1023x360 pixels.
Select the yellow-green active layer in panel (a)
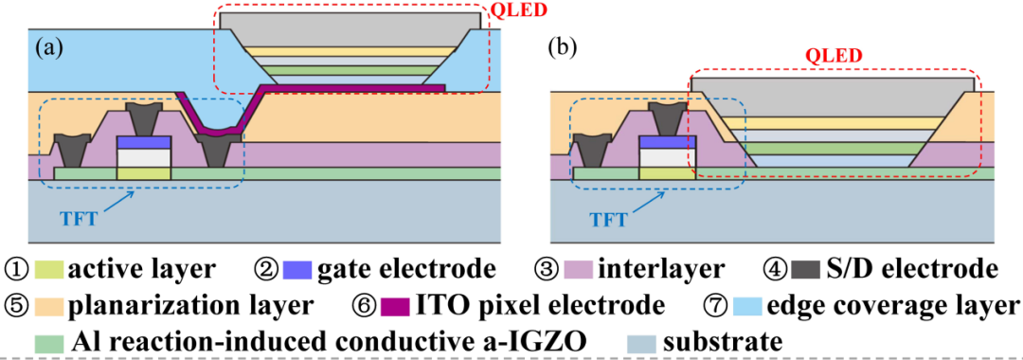[x=144, y=172]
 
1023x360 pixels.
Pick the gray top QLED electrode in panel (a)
[x=351, y=28]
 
